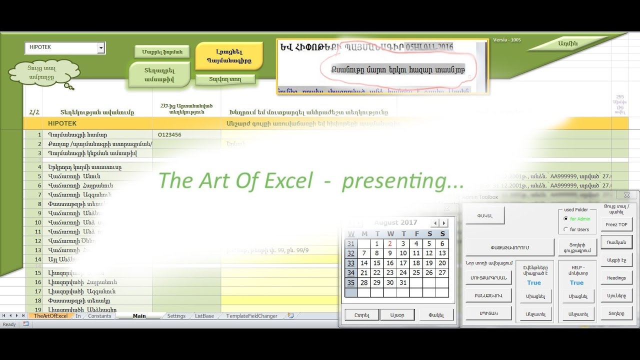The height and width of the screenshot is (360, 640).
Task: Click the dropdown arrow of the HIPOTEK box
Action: tap(101, 48)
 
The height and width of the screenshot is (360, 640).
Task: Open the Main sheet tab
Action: tap(139, 316)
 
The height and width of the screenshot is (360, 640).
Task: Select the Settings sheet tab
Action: tap(176, 316)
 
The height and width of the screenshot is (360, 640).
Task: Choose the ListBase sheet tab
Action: tap(204, 316)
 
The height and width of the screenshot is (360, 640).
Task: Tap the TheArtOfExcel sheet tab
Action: tap(50, 316)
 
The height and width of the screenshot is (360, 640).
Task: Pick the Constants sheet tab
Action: tap(99, 316)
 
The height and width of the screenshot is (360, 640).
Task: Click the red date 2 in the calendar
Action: tap(390, 244)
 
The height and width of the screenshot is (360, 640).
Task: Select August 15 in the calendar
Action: tap(377, 263)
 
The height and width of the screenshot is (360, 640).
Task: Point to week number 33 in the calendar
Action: tap(351, 263)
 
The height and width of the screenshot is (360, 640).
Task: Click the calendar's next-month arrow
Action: tap(444, 223)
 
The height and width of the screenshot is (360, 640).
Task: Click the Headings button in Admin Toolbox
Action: tap(616, 278)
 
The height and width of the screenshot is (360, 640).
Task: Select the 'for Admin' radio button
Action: tap(565, 219)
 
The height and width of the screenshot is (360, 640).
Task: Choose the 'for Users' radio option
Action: tap(565, 229)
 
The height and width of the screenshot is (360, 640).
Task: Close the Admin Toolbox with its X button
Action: tap(627, 195)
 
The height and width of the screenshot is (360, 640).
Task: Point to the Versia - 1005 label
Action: tap(506, 40)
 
